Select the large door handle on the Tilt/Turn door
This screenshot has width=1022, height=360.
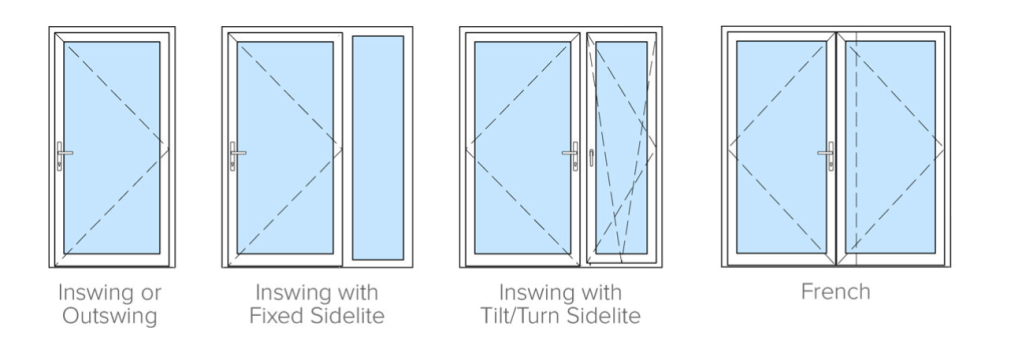click(x=572, y=155)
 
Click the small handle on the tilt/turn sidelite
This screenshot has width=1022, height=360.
click(x=591, y=157)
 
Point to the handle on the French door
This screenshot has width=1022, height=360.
click(x=828, y=155)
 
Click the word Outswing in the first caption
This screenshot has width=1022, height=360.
click(x=110, y=316)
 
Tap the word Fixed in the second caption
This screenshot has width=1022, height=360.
click(x=276, y=316)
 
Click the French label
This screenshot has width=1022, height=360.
click(x=836, y=292)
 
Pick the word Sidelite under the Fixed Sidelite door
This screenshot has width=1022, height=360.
click(x=347, y=316)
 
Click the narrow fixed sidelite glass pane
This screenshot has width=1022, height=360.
click(x=378, y=147)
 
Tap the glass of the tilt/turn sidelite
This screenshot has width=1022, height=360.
click(x=621, y=147)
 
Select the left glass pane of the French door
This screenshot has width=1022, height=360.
click(x=781, y=147)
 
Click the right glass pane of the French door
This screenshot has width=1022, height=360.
click(x=890, y=147)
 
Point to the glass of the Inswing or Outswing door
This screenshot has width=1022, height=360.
click(x=112, y=147)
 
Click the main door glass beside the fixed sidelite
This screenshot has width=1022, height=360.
click(x=285, y=147)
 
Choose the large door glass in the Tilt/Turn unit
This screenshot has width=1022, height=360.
click(x=523, y=147)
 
